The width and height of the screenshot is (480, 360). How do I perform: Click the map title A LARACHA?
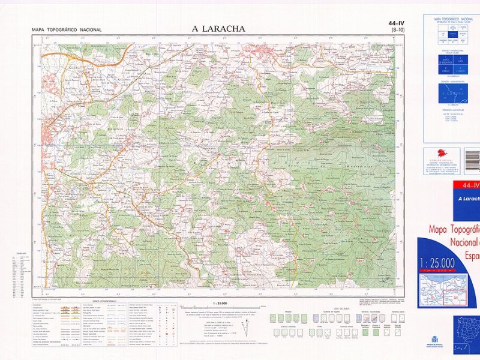click(218, 29)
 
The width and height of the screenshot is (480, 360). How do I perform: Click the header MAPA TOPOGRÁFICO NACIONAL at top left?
click(67, 30)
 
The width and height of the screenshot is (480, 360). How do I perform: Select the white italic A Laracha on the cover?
click(468, 199)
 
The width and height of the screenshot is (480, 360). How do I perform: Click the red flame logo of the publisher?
click(441, 154)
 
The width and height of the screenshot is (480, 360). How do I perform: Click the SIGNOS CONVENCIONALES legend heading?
click(104, 302)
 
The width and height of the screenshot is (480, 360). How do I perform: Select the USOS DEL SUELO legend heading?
click(334, 308)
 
